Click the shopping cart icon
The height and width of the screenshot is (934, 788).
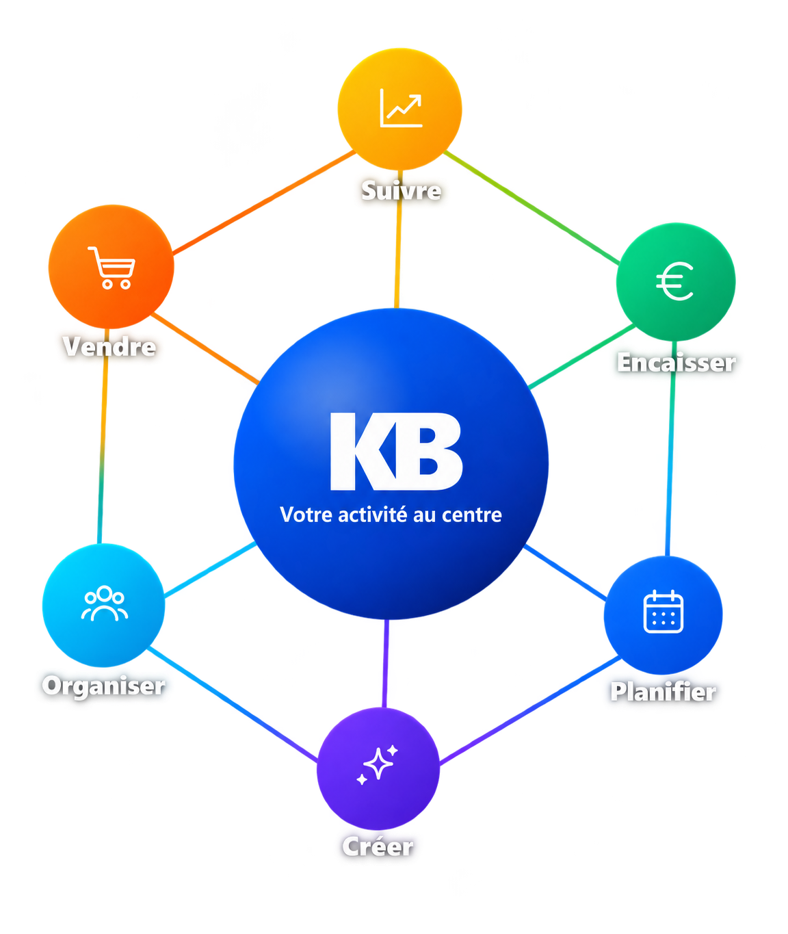(111, 268)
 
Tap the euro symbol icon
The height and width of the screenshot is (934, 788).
(675, 281)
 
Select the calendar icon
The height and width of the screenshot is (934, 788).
(663, 611)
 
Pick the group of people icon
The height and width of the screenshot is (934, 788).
(104, 603)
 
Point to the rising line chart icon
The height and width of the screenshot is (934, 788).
(401, 108)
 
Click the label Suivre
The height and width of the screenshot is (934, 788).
(401, 190)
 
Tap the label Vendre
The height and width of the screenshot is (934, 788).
(109, 346)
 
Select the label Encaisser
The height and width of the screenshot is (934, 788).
(677, 362)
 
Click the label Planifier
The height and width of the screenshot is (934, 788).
(664, 692)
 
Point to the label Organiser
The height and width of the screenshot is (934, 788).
(104, 686)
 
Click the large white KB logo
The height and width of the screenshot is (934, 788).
(396, 452)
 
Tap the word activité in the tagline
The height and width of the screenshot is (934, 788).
(373, 515)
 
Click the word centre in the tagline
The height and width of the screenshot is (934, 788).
(472, 515)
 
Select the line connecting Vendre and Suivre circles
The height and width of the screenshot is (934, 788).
(264, 202)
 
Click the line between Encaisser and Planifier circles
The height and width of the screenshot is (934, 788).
(670, 448)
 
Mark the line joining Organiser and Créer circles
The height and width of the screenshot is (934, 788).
(233, 703)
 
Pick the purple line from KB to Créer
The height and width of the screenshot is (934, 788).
(385, 663)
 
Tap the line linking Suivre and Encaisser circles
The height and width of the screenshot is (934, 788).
(531, 207)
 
